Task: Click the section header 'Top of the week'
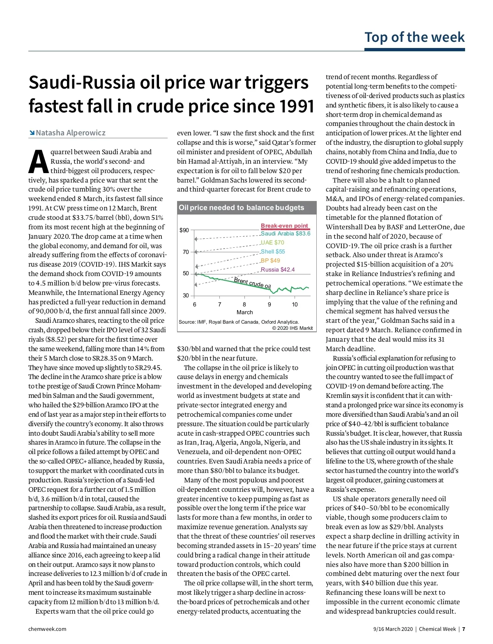(415, 37)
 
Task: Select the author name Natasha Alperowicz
(71, 133)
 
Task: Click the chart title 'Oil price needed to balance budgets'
(242, 208)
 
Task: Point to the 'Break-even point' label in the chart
(284, 226)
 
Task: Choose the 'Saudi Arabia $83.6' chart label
(286, 233)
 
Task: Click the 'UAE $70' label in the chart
(272, 242)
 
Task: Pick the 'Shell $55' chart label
(273, 251)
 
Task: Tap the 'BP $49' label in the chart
(270, 260)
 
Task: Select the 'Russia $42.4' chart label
(278, 269)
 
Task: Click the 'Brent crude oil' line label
(252, 283)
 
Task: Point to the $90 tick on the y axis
(184, 230)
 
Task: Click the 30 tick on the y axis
(186, 295)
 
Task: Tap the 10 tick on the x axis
(295, 304)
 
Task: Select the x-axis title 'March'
(244, 312)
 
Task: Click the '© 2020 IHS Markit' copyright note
(292, 328)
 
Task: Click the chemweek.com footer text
(47, 629)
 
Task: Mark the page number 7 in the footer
(463, 629)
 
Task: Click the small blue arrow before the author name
(32, 133)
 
